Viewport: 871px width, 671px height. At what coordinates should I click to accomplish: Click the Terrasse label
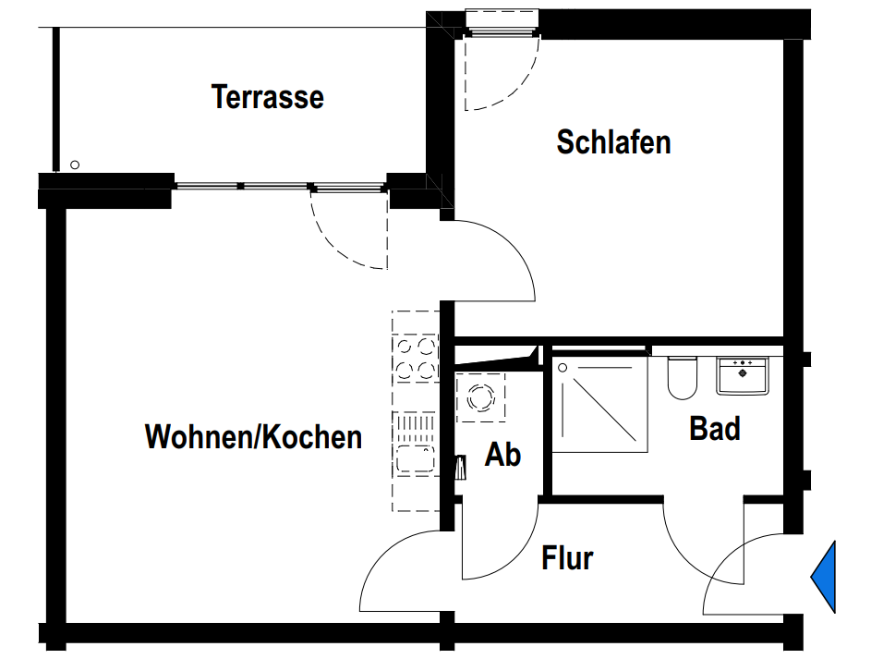coord(268,97)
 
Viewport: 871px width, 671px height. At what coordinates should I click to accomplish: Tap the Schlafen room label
coord(613,142)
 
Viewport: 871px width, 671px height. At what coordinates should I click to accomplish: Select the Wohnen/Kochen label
coord(253,437)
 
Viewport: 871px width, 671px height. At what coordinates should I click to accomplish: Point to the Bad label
coord(715,429)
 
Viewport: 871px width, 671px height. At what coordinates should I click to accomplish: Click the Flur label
coord(567,558)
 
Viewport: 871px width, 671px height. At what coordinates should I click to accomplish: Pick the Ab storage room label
coord(503,455)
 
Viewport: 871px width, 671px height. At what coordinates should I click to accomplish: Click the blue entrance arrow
coord(824,577)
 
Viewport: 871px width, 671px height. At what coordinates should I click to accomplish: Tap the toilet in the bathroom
coord(682,378)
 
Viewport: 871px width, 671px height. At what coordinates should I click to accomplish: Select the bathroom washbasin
coord(743,375)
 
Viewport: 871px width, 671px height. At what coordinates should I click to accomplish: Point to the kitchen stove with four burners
coord(415,359)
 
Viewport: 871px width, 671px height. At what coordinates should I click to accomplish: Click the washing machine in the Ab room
coord(480,398)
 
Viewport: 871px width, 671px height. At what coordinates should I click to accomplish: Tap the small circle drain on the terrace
coord(75,165)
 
